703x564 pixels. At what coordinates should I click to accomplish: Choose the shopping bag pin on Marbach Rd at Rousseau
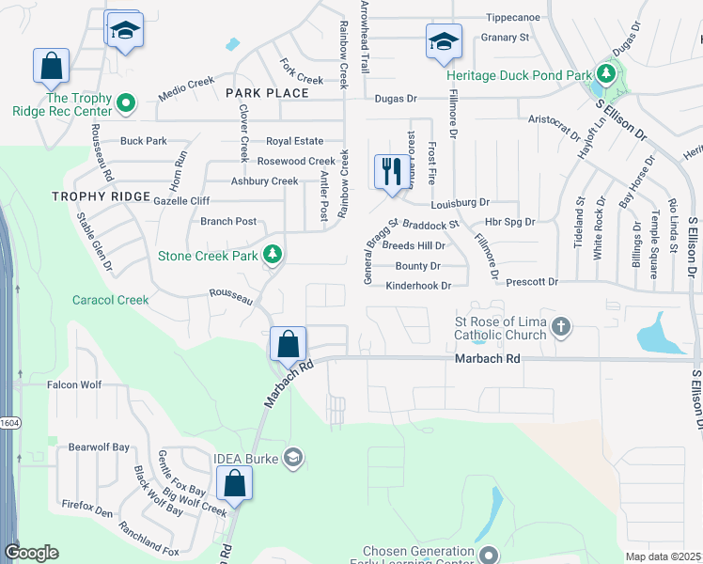[x=289, y=343]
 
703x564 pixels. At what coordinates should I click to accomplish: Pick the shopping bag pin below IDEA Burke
[x=235, y=484]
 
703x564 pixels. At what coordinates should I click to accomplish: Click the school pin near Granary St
[x=444, y=42]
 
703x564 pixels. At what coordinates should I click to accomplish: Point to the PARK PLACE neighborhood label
[x=267, y=93]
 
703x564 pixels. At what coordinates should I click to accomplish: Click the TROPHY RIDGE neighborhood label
[x=101, y=196]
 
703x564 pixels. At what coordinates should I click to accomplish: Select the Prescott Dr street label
[x=532, y=282]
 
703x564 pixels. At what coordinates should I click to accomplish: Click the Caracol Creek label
[x=111, y=300]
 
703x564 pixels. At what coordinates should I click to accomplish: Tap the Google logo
[x=31, y=553]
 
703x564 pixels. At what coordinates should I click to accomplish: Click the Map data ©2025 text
[x=663, y=556]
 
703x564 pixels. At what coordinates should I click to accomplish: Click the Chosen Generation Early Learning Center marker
[x=488, y=554]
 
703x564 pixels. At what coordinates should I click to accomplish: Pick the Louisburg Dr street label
[x=461, y=202]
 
